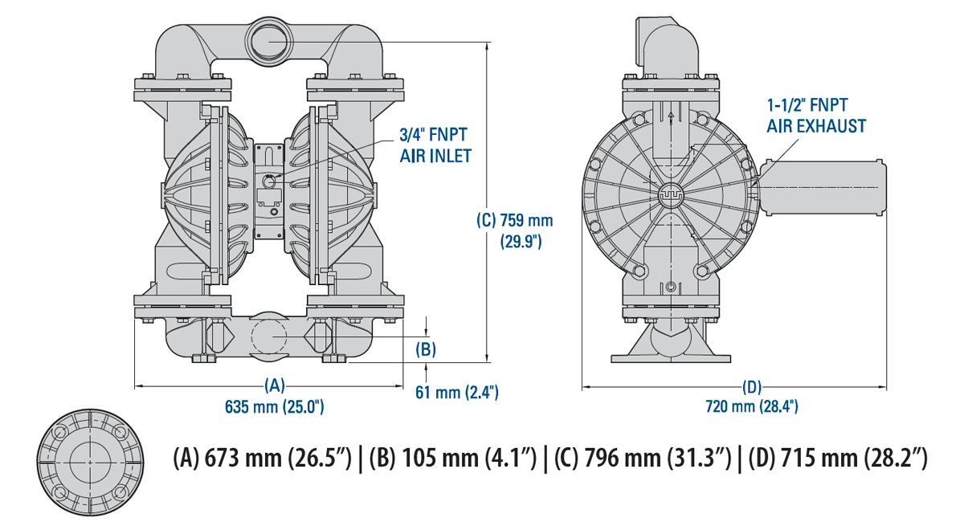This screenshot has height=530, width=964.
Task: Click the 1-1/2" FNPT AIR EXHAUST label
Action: [816, 115]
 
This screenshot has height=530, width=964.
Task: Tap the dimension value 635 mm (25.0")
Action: [275, 406]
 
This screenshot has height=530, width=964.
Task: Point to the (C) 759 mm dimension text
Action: [515, 230]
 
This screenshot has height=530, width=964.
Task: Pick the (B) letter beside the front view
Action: [426, 349]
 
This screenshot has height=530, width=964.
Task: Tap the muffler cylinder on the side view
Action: [823, 188]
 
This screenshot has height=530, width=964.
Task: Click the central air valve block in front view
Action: [269, 192]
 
